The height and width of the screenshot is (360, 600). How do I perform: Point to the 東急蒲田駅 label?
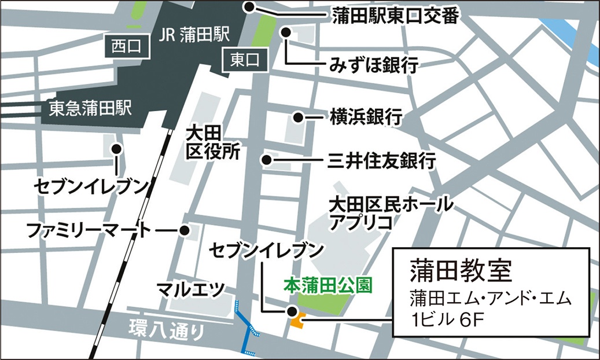point(91,108)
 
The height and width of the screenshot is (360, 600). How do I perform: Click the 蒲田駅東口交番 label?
point(395,17)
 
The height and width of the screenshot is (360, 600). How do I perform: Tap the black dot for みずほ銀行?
point(286,32)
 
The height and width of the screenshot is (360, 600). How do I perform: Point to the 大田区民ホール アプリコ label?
point(382,212)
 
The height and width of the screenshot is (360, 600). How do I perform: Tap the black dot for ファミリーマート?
point(185,231)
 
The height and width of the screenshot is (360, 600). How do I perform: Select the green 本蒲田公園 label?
point(326,285)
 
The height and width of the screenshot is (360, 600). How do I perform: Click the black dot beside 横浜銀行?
point(298,117)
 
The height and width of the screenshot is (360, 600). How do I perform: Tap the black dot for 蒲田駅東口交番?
point(249,8)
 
